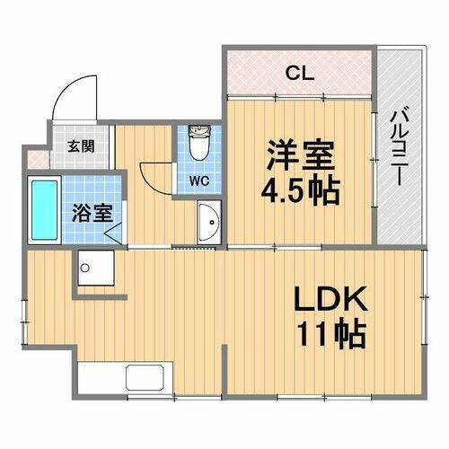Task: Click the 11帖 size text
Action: click(x=332, y=336)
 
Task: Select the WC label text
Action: click(x=199, y=180)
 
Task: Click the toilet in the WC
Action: click(x=199, y=141)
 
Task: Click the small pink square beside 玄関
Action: click(x=35, y=160)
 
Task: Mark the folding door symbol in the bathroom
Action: click(x=114, y=233)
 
